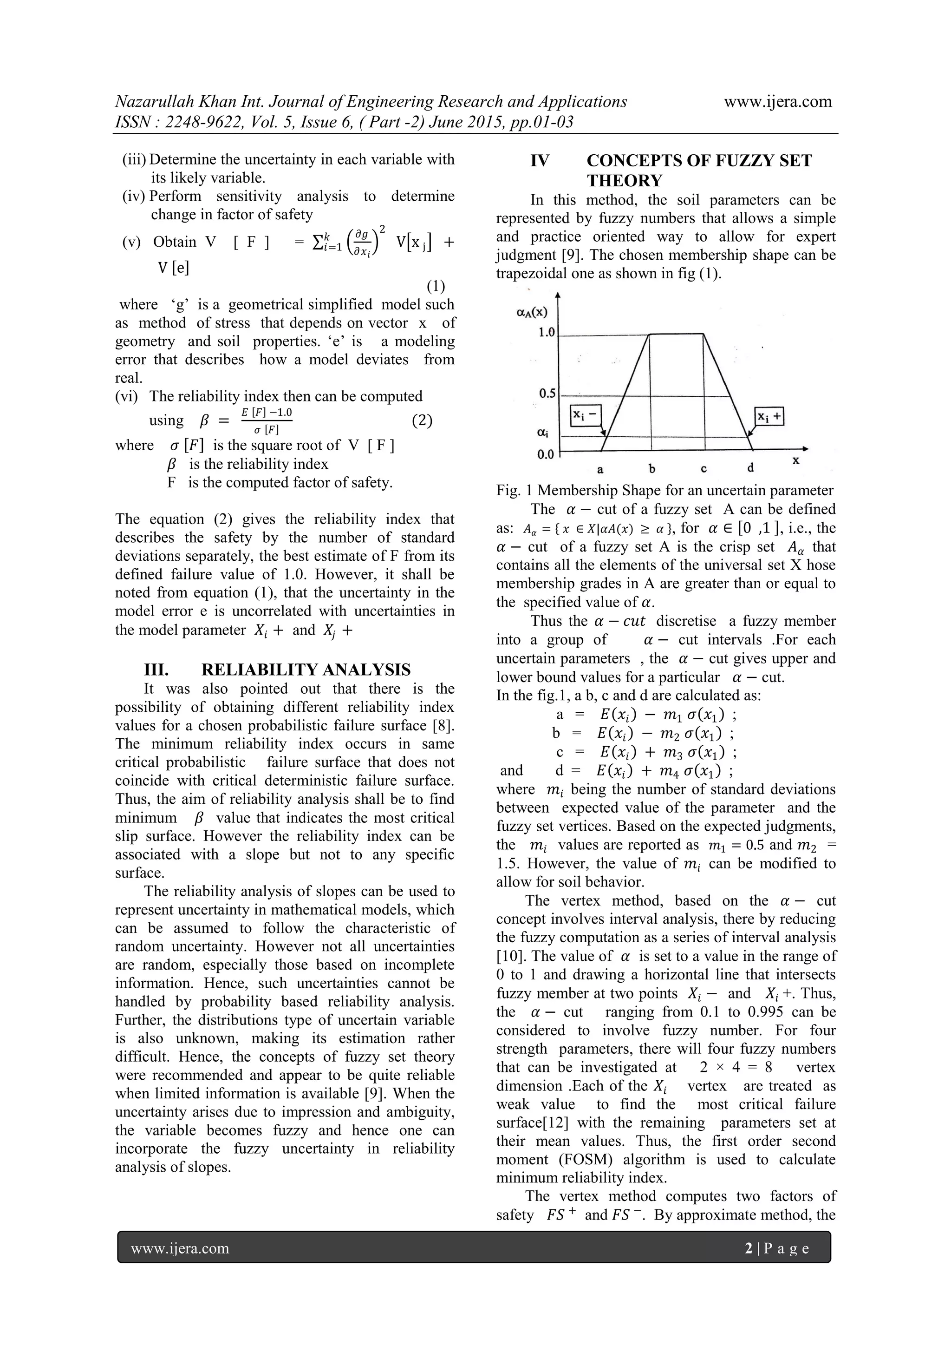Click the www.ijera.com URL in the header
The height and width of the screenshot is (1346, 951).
777,102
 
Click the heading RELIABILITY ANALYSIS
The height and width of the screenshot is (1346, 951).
306,670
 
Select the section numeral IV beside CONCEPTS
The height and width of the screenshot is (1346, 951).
540,161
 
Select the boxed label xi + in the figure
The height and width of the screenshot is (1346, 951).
769,417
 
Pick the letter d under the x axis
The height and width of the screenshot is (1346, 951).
750,468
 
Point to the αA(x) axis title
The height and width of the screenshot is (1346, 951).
532,313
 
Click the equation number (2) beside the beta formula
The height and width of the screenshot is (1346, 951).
422,420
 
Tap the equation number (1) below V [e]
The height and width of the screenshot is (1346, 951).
436,286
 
